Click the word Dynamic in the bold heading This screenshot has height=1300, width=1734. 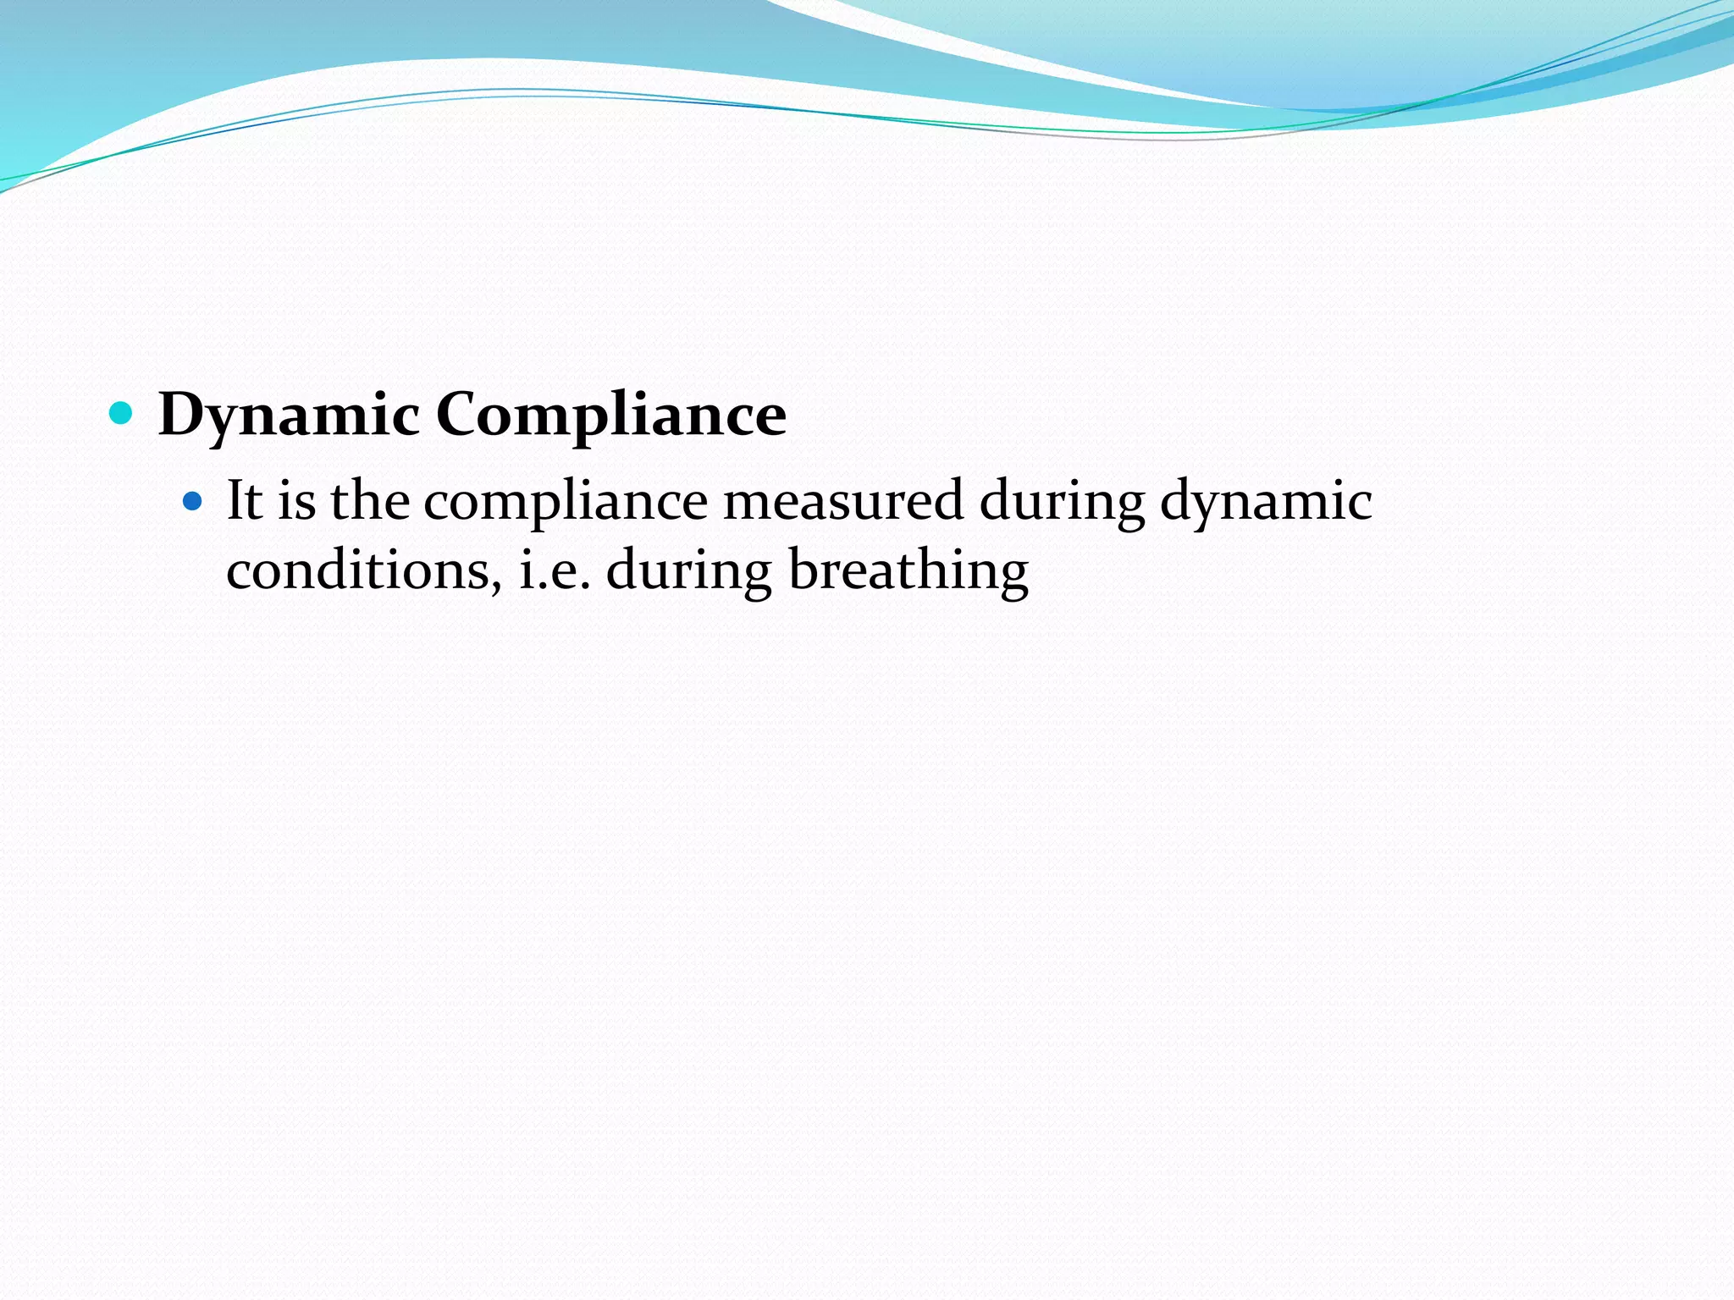[289, 416]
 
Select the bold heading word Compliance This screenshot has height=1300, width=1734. [611, 416]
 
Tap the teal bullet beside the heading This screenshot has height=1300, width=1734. [122, 413]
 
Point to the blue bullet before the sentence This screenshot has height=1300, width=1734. [193, 501]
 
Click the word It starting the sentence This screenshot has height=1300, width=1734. [244, 500]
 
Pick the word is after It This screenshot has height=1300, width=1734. [296, 500]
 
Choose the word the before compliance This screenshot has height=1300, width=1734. [370, 500]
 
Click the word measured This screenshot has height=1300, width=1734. [843, 500]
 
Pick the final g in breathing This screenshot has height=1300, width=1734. [1012, 576]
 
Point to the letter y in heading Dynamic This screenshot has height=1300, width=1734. [224, 421]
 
